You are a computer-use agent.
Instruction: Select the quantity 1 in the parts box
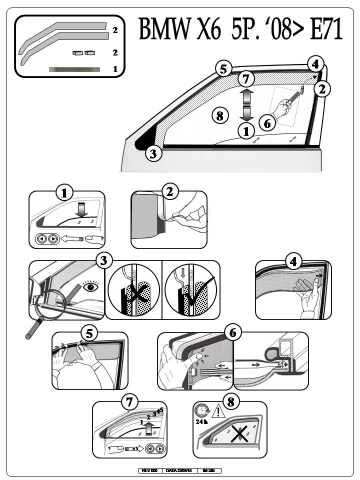(115, 69)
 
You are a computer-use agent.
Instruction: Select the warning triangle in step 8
(218, 412)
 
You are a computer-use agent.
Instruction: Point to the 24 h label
(201, 421)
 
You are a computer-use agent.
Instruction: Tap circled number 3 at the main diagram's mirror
(154, 153)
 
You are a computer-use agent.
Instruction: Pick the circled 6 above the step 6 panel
(233, 332)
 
